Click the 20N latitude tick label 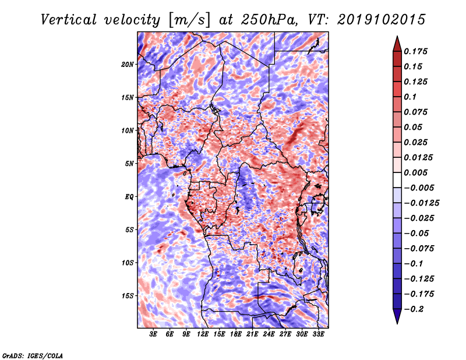(x=128, y=64)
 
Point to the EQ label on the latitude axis (x=129, y=196)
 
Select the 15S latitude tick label (x=128, y=295)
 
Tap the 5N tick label (x=129, y=163)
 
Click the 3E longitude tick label (x=154, y=334)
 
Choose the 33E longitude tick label (x=319, y=334)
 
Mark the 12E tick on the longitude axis (x=203, y=334)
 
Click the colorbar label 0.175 (x=417, y=51)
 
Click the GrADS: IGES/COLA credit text (x=32, y=355)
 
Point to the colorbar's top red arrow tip (x=397, y=38)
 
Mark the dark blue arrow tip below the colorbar (x=397, y=322)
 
